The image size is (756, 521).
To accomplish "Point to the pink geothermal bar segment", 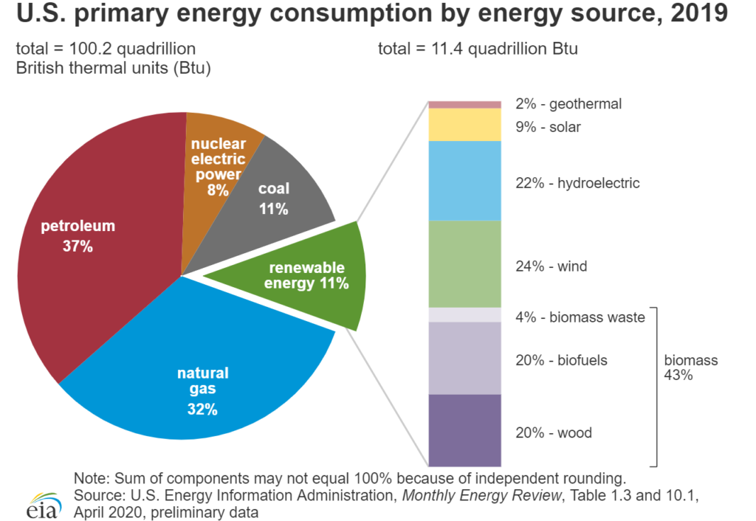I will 465,104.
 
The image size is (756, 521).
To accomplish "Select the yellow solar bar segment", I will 465,125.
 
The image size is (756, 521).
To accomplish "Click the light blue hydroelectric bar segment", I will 465,181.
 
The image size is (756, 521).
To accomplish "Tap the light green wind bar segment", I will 465,264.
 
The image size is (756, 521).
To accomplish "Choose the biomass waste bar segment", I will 465,315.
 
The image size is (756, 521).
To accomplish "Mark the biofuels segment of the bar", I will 465,358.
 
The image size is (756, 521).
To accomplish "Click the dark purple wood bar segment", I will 465,431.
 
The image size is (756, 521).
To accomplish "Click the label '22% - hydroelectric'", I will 577,183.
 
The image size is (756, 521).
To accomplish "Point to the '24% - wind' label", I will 551,266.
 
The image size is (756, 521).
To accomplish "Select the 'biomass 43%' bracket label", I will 690,368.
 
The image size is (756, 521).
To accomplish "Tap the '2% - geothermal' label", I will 568,104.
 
